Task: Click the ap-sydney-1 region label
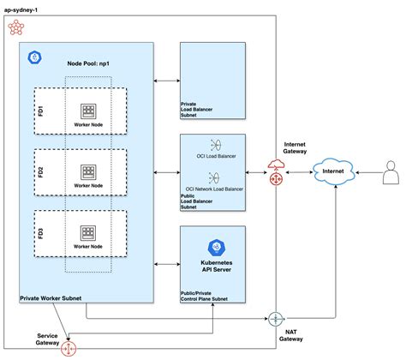21,10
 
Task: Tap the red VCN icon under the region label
16,27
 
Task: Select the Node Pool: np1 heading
88,63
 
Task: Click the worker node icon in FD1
88,111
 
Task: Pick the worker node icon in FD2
88,172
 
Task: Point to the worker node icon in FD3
88,233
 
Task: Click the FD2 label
40,172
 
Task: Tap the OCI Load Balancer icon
216,145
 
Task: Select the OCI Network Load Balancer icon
214,177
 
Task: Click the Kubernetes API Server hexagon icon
217,248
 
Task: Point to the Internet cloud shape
334,171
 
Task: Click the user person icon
391,172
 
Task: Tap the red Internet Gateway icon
276,172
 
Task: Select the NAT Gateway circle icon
276,319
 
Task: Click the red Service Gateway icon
69,349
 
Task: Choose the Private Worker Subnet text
51,298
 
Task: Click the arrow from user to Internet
369,172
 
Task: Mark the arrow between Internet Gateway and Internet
299,172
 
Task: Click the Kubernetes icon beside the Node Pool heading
35,57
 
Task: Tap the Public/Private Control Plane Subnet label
204,296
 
